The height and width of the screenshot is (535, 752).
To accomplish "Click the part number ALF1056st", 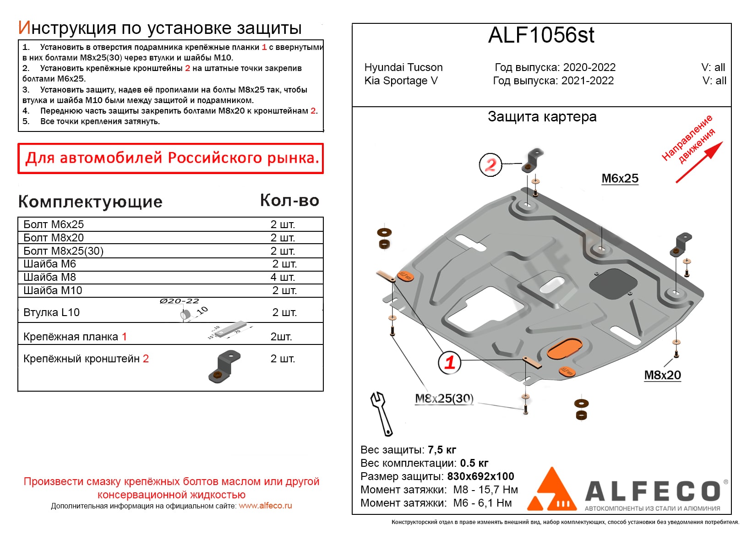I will tap(541, 35).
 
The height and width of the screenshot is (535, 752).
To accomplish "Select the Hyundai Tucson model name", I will tap(403, 67).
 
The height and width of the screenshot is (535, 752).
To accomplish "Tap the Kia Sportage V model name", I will tap(401, 81).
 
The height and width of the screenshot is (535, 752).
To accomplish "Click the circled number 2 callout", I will tap(490, 165).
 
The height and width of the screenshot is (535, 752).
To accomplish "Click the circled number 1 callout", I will tap(449, 362).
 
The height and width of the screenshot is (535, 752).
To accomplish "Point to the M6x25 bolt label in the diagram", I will tap(620, 179).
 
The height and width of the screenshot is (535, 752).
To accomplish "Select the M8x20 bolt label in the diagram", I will tap(662, 375).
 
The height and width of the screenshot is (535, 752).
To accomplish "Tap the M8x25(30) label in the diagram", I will tap(444, 399).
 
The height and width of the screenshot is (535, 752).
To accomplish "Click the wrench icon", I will tap(381, 413).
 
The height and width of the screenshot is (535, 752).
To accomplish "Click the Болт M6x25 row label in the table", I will tap(54, 224).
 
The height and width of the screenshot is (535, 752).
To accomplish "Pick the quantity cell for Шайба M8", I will tap(283, 277).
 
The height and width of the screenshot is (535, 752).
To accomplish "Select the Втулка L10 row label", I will tap(51, 312).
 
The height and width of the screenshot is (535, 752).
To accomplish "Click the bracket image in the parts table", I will tap(224, 366).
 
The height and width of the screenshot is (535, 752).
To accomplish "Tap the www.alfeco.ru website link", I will tap(265, 506).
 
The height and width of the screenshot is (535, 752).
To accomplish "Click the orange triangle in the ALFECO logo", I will tap(551, 491).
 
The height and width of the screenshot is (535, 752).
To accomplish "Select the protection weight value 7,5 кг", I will tap(441, 450).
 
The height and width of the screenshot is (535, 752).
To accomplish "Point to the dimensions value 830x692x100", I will tap(480, 476).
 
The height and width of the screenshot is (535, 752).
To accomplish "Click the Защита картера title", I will tap(542, 117).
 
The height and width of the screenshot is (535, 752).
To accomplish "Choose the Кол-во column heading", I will tap(289, 201).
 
